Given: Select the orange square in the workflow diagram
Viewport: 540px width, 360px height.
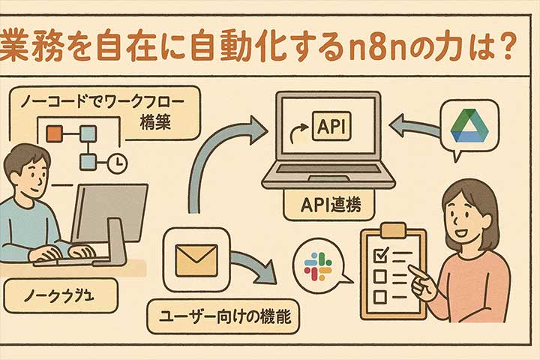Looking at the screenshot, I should (x=54, y=134).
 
